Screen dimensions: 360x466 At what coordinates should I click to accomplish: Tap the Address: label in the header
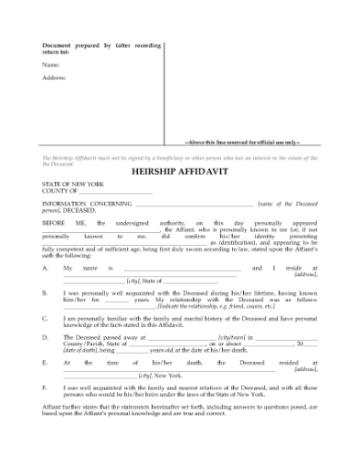coord(54,79)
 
